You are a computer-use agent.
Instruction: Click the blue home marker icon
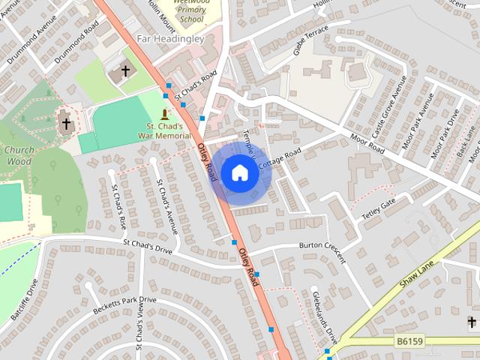point(239,172)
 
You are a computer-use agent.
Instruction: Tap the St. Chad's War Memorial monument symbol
point(164,114)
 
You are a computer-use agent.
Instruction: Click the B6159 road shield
point(409,341)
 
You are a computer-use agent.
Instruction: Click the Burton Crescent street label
point(322,250)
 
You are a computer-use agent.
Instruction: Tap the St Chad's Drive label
point(147,247)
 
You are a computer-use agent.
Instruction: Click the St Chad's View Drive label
point(139,325)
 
